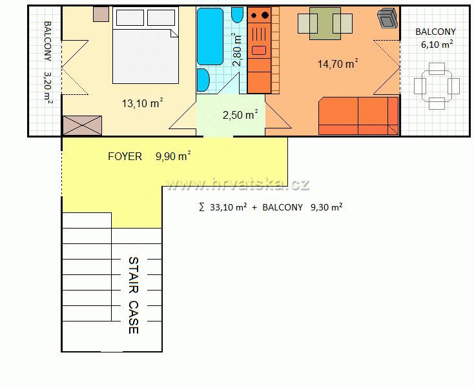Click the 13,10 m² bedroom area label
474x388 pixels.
tap(142, 103)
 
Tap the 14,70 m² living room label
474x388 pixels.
tap(338, 64)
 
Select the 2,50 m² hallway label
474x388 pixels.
tap(240, 114)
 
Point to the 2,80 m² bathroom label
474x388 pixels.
tap(237, 50)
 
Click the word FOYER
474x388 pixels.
tap(125, 156)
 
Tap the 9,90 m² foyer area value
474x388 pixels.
tap(173, 156)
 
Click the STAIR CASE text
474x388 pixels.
tap(133, 295)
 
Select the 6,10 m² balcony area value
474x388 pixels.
tap(437, 45)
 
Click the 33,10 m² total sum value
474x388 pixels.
tap(228, 207)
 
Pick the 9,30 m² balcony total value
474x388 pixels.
tap(327, 207)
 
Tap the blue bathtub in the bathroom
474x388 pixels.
tap(210, 36)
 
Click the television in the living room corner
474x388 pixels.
tap(387, 17)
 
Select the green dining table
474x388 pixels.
tap(325, 24)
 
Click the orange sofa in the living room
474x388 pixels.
tap(358, 116)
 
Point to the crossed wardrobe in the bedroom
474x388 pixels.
tap(82, 125)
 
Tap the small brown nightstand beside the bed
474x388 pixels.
tap(101, 14)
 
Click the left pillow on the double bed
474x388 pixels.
tap(130, 17)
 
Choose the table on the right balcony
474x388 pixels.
tap(437, 86)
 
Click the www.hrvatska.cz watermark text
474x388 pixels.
tap(238, 185)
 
